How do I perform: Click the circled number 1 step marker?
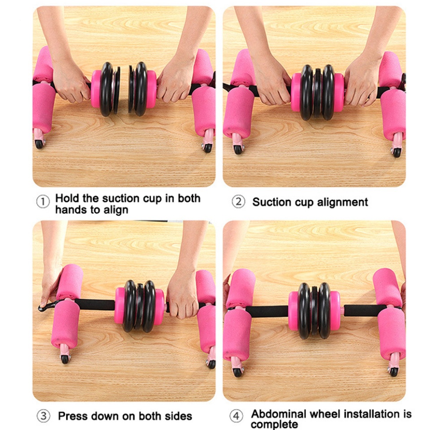tap(43, 202)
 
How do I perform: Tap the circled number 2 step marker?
tap(238, 202)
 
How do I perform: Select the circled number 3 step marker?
tap(43, 416)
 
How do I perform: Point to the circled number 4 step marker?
tap(236, 416)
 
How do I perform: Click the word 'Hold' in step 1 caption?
tap(67, 198)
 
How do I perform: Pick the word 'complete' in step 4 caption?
tap(274, 424)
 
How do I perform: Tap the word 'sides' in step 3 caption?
tap(179, 416)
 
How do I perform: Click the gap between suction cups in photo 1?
tap(124, 89)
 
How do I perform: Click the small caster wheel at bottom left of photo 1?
tap(39, 144)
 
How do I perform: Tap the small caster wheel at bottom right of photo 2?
tap(396, 152)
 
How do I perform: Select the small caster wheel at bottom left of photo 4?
tap(237, 372)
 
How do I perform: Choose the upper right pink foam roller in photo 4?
tap(387, 287)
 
